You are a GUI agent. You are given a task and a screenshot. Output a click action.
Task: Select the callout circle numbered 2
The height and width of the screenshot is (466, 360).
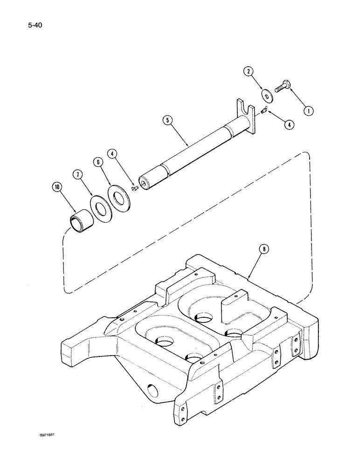tap(249, 71)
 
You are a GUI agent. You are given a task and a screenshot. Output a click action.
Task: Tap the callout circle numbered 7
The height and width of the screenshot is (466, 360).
tap(78, 174)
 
